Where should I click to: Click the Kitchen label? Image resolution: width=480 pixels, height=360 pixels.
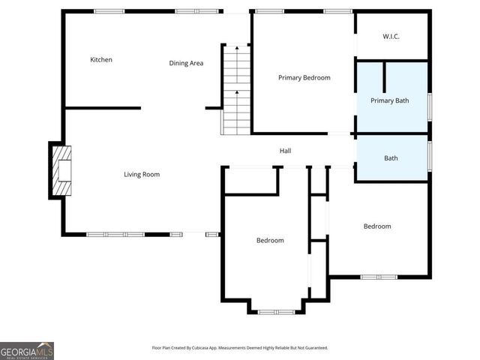point(101,60)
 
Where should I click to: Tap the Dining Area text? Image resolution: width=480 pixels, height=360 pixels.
point(186,63)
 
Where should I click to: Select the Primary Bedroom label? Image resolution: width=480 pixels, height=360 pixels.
point(304,77)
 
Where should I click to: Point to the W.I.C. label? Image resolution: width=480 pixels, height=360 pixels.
point(391,36)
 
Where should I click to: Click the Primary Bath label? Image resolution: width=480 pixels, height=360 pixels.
point(391,100)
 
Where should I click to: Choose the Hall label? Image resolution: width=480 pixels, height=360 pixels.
point(285,151)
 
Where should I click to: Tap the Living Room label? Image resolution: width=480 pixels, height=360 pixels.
point(142,175)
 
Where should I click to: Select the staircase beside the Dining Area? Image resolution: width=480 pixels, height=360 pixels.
point(236,90)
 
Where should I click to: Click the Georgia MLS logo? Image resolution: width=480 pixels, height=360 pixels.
point(27,350)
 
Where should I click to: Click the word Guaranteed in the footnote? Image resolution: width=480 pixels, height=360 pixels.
point(313,348)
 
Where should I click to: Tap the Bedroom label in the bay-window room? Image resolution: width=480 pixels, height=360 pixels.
point(270,240)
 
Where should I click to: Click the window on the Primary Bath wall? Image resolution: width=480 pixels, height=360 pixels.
point(429,106)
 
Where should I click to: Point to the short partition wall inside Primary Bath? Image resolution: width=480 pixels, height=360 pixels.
point(384,77)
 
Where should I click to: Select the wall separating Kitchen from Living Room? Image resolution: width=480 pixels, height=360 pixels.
point(103,108)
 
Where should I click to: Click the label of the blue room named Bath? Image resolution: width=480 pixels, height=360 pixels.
point(391,158)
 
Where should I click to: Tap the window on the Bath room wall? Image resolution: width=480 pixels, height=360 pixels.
point(429,155)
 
